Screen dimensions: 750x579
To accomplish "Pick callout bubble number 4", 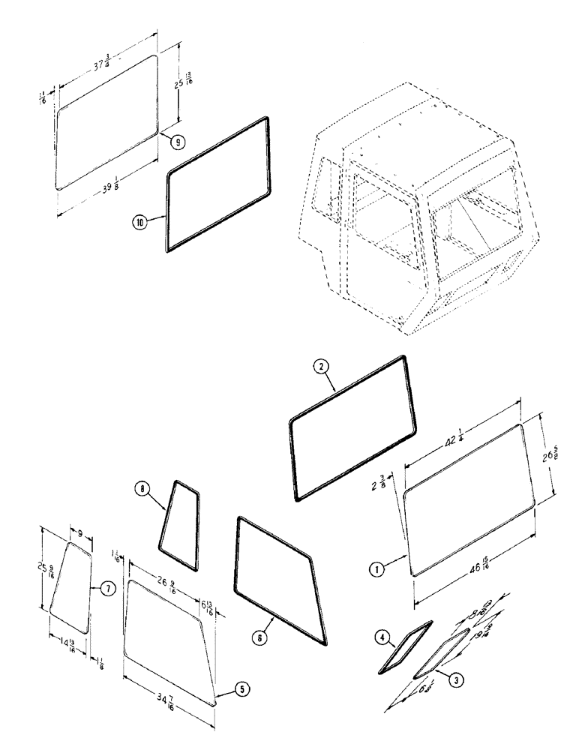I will click(382, 638).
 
